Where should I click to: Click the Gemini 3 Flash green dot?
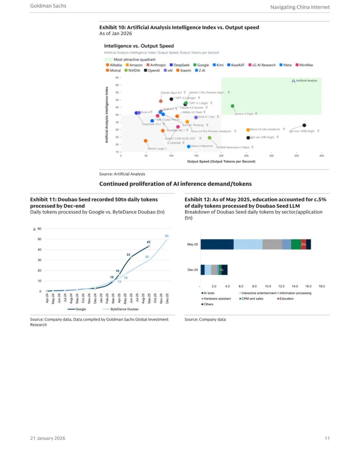tap(232, 106)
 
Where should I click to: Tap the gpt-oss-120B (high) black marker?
tap(304, 125)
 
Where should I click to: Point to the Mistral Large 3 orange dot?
tap(146, 141)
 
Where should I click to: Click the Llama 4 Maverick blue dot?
tap(189, 147)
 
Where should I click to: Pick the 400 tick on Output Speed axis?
tap(321, 156)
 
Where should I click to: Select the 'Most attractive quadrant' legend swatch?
tap(108, 60)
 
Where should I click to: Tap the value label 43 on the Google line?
tap(148, 242)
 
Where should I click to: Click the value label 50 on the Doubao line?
tap(167, 236)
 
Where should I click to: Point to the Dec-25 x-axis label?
tap(167, 298)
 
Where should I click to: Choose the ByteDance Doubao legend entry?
tap(124, 309)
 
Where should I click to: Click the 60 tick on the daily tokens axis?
tap(39, 229)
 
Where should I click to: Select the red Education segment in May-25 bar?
tap(303, 244)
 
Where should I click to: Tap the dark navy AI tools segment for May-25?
tap(217, 244)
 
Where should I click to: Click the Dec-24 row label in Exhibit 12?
tap(193, 270)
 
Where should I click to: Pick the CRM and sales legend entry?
tap(252, 299)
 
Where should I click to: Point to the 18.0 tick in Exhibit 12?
tap(322, 286)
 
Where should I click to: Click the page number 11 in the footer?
tap(327, 438)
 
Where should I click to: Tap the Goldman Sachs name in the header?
tap(48, 6)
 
